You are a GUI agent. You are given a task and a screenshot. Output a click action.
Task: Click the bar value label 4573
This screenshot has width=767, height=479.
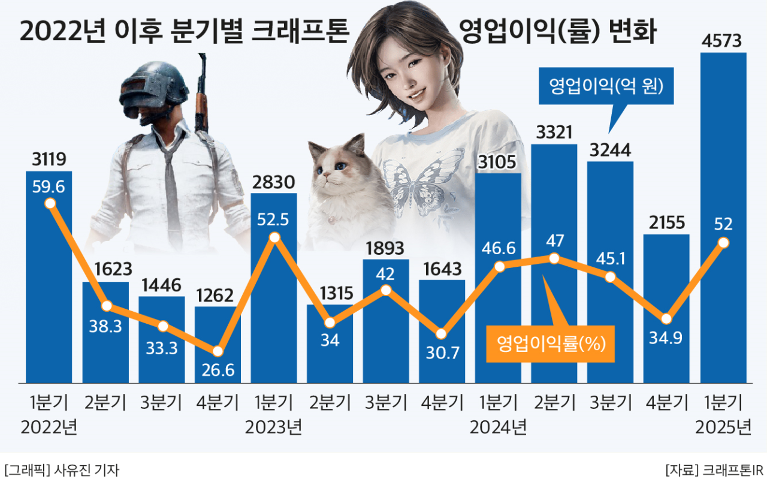[x=723, y=41]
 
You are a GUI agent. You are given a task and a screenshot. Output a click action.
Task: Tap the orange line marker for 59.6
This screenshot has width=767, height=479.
[x=50, y=203]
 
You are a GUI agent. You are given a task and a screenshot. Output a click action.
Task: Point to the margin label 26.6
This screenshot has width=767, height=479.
[x=218, y=370]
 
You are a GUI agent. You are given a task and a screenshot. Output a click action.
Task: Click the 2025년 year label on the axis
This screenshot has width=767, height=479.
[x=723, y=427]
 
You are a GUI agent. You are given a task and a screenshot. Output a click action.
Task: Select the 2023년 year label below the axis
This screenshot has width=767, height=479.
[x=273, y=427]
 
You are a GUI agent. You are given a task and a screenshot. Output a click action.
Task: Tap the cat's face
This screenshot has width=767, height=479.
[x=340, y=168]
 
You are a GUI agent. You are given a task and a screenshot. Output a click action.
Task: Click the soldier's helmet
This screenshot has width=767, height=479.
[x=153, y=87]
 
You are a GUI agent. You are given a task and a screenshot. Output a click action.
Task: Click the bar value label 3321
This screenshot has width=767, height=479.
[x=554, y=132]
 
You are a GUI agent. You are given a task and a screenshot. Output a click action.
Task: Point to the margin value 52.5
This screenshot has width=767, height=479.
[x=273, y=219]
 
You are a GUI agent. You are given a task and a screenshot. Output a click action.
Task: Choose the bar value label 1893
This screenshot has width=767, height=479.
[x=386, y=248]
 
